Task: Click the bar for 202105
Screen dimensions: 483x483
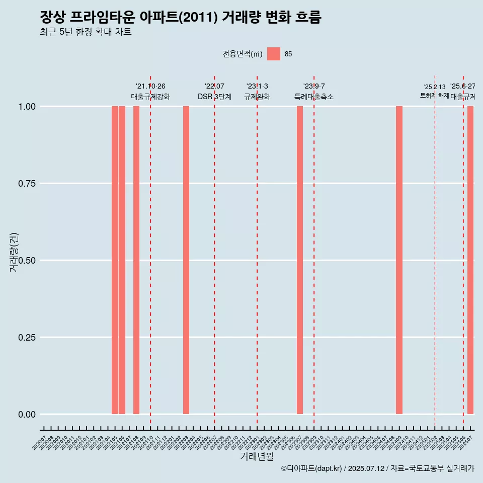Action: pyautogui.click(x=115, y=260)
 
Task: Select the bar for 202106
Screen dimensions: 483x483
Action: pyautogui.click(x=122, y=260)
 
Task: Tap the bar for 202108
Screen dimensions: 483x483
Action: pyautogui.click(x=136, y=260)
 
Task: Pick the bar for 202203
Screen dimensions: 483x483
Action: pyautogui.click(x=186, y=260)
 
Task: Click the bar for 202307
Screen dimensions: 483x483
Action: pyautogui.click(x=300, y=260)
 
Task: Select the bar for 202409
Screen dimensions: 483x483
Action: pyautogui.click(x=399, y=260)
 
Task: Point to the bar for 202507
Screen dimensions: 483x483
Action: pyautogui.click(x=470, y=260)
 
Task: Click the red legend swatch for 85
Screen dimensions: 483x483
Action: pyautogui.click(x=274, y=54)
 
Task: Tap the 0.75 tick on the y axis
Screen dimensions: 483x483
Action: pyautogui.click(x=27, y=184)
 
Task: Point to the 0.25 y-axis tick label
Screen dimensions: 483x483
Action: pyautogui.click(x=27, y=338)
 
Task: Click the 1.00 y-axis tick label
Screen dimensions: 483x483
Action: pyautogui.click(x=27, y=107)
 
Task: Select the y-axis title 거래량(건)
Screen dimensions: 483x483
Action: pyautogui.click(x=14, y=252)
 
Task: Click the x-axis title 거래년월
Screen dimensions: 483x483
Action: pyautogui.click(x=257, y=456)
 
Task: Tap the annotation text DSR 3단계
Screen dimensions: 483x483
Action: pyautogui.click(x=214, y=97)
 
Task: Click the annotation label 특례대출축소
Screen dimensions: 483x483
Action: pyautogui.click(x=314, y=97)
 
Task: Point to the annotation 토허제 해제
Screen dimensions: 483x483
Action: pyautogui.click(x=435, y=96)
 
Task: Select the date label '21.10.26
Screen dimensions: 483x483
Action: pyautogui.click(x=150, y=86)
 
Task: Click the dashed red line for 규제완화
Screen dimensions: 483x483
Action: pyautogui.click(x=257, y=252)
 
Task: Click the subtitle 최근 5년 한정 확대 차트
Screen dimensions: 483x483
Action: pyautogui.click(x=86, y=32)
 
